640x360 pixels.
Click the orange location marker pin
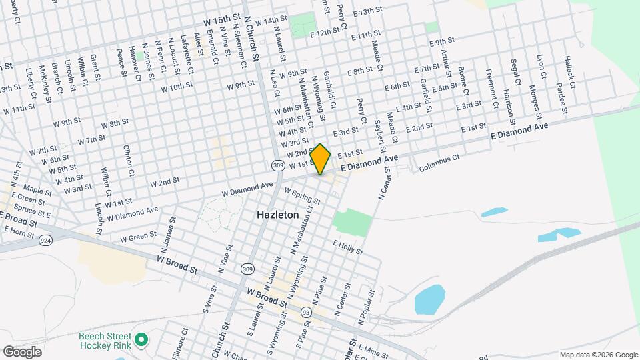[x=321, y=159]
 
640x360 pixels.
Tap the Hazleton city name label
[x=278, y=215]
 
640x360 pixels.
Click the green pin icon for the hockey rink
[x=140, y=340]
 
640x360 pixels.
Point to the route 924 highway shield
[x=46, y=239]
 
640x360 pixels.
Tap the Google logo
[x=22, y=351]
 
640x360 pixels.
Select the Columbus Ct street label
[x=439, y=164]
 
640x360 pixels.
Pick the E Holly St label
[x=347, y=248]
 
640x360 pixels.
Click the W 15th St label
[x=223, y=13]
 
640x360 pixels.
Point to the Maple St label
[x=37, y=191]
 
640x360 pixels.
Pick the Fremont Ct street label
[x=492, y=89]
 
